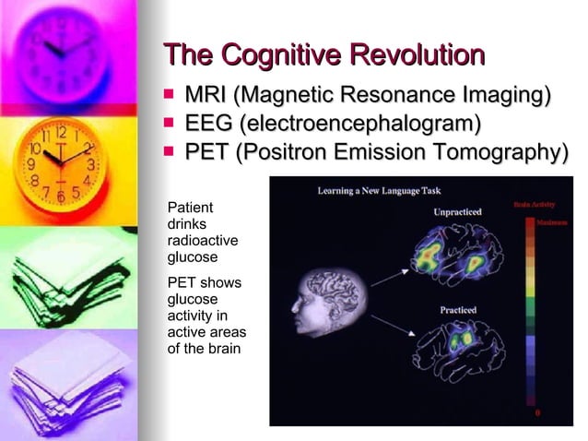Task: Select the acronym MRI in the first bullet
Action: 208,96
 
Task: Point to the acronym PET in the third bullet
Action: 207,151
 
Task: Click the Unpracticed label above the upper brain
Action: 458,212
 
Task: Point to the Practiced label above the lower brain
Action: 458,310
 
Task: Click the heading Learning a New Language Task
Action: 379,191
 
